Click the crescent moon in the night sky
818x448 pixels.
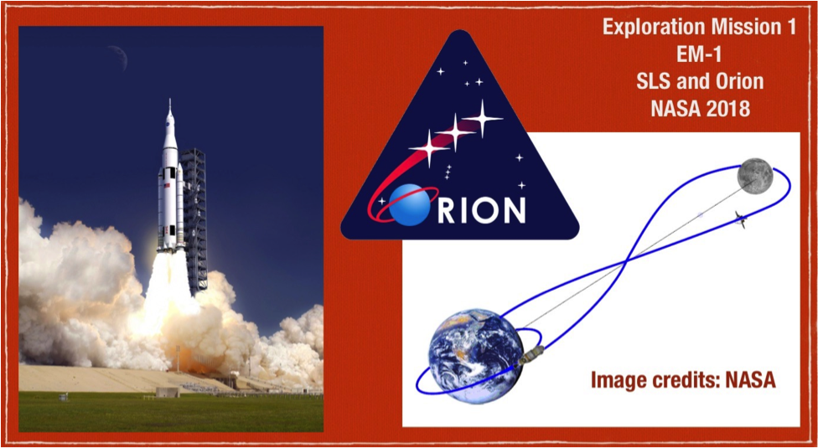click(x=121, y=57)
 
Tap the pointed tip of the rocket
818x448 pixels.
click(x=169, y=99)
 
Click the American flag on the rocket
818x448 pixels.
click(x=168, y=185)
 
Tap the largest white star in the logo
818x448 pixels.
click(x=482, y=119)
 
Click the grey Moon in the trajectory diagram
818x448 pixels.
click(x=754, y=176)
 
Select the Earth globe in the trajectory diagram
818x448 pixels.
click(x=474, y=356)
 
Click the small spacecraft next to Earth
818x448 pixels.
click(x=530, y=357)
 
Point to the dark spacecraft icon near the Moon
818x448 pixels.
click(x=741, y=218)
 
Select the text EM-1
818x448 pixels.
click(x=700, y=54)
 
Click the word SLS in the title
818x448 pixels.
click(x=651, y=81)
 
